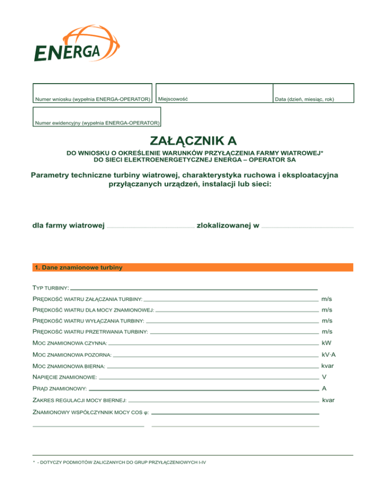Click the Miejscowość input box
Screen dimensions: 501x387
tap(214, 93)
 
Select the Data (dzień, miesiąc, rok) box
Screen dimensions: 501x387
tap(313, 93)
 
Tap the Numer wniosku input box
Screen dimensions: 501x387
tap(92, 93)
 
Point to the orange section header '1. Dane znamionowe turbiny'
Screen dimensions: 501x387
tap(193, 268)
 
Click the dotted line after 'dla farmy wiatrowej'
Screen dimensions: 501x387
tap(150, 227)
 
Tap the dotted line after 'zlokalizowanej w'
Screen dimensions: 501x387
tap(307, 227)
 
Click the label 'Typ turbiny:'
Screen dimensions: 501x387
tap(50, 288)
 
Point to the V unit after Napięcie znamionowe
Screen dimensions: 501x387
tap(325, 377)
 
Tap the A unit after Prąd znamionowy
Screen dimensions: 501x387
tap(325, 389)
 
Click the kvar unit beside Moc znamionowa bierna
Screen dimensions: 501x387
tap(328, 366)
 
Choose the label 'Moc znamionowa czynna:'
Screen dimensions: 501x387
tap(70, 343)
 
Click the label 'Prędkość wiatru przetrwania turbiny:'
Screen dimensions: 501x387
tap(90, 332)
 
